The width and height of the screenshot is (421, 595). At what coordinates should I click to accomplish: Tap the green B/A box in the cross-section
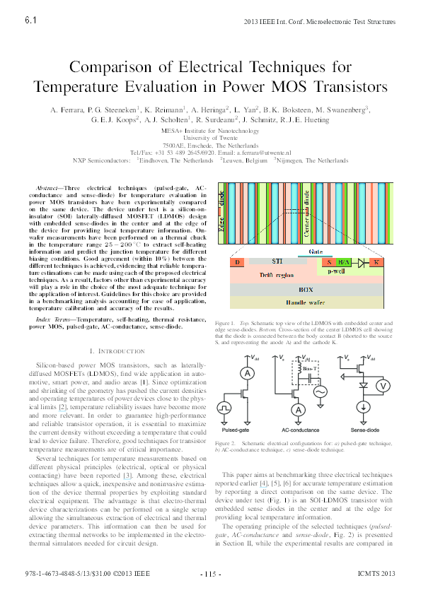344,262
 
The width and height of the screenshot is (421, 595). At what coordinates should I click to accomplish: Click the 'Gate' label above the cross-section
317,252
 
